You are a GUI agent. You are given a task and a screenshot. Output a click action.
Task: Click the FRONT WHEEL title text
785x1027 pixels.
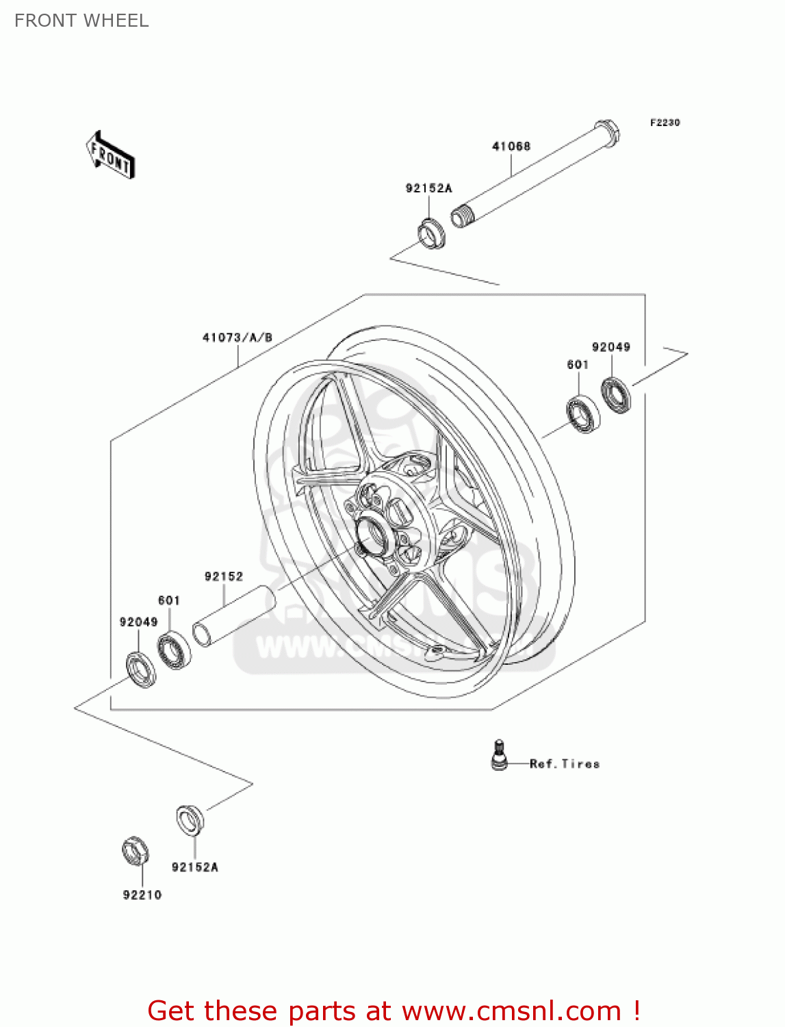(x=81, y=21)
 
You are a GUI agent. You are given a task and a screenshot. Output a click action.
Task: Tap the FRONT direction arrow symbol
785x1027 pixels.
(x=110, y=156)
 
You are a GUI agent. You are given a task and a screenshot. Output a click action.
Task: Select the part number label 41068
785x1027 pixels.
(x=511, y=146)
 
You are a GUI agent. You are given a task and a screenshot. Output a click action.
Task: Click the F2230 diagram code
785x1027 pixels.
(x=665, y=123)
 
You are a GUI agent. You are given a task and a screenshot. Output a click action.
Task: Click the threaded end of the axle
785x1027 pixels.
(x=461, y=217)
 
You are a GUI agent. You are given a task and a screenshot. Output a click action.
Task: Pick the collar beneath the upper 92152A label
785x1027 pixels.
(x=431, y=233)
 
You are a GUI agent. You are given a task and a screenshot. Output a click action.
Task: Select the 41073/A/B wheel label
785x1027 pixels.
(x=237, y=338)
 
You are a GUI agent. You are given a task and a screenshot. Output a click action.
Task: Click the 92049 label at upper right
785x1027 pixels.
(x=610, y=347)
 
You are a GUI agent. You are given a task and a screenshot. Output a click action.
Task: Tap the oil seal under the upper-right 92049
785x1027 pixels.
(x=616, y=396)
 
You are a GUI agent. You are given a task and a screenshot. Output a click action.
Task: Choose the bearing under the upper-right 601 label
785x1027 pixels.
(x=583, y=414)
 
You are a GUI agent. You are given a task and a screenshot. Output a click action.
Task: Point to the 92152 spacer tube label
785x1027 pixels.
(x=224, y=576)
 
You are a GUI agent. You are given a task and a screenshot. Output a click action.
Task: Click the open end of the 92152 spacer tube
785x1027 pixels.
(x=203, y=634)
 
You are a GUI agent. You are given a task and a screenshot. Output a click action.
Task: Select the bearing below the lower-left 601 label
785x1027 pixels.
(x=174, y=650)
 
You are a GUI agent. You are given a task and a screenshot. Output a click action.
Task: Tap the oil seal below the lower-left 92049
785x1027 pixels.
(x=141, y=670)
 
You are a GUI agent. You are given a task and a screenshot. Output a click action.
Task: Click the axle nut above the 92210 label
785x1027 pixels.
(x=136, y=851)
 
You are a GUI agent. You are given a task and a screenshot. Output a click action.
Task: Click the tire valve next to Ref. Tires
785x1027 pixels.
(x=500, y=755)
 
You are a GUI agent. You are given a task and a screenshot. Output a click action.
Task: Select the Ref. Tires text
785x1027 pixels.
(x=565, y=764)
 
